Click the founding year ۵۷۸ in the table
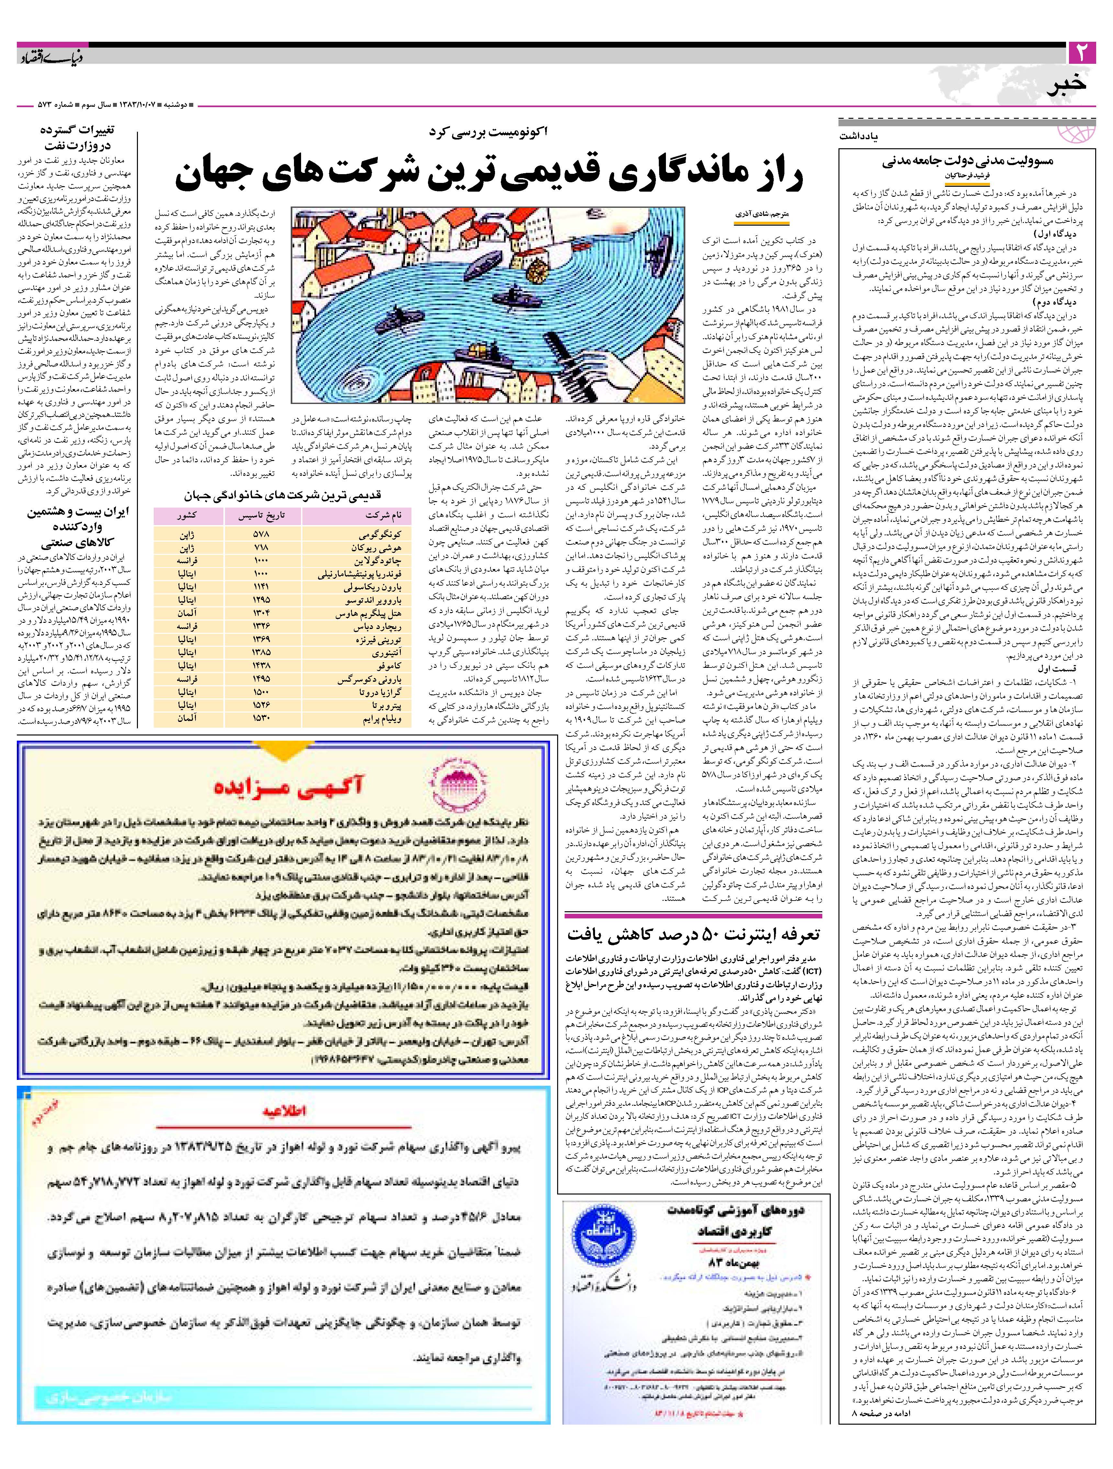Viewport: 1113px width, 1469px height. pos(260,534)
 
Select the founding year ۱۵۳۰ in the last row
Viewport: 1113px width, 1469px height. pos(260,719)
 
